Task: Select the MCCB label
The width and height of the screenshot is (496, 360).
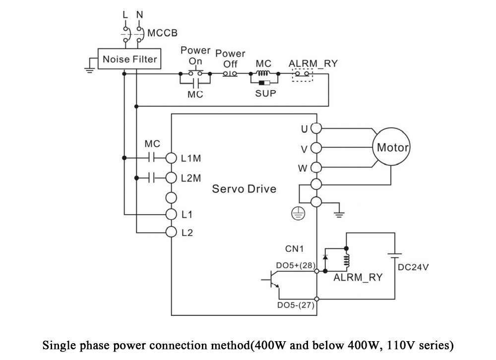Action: click(x=163, y=33)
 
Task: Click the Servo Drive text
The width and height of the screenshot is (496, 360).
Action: click(x=244, y=189)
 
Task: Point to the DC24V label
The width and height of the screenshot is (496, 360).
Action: click(x=413, y=267)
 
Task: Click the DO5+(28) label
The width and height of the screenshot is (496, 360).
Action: click(x=296, y=265)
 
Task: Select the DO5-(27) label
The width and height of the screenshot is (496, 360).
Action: click(x=296, y=305)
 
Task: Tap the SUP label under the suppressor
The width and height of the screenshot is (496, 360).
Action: click(x=266, y=93)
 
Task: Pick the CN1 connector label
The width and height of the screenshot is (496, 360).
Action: click(x=294, y=249)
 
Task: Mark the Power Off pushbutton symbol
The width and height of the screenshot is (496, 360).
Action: click(x=230, y=74)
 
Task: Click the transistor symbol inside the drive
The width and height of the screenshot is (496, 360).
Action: click(x=271, y=280)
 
